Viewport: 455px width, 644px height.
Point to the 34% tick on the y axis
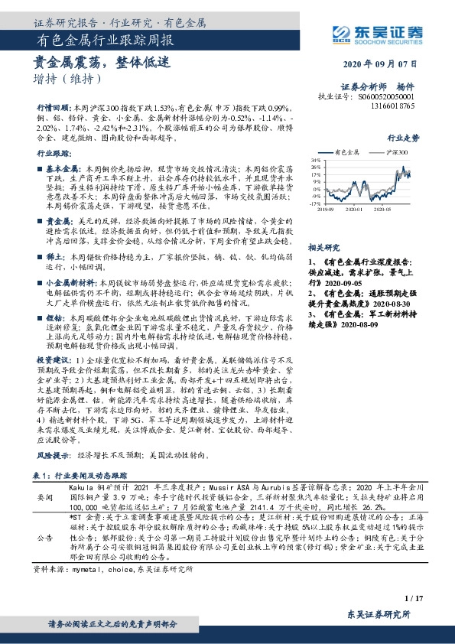315,161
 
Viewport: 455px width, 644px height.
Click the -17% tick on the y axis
314,204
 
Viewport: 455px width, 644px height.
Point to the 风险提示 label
52,454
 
